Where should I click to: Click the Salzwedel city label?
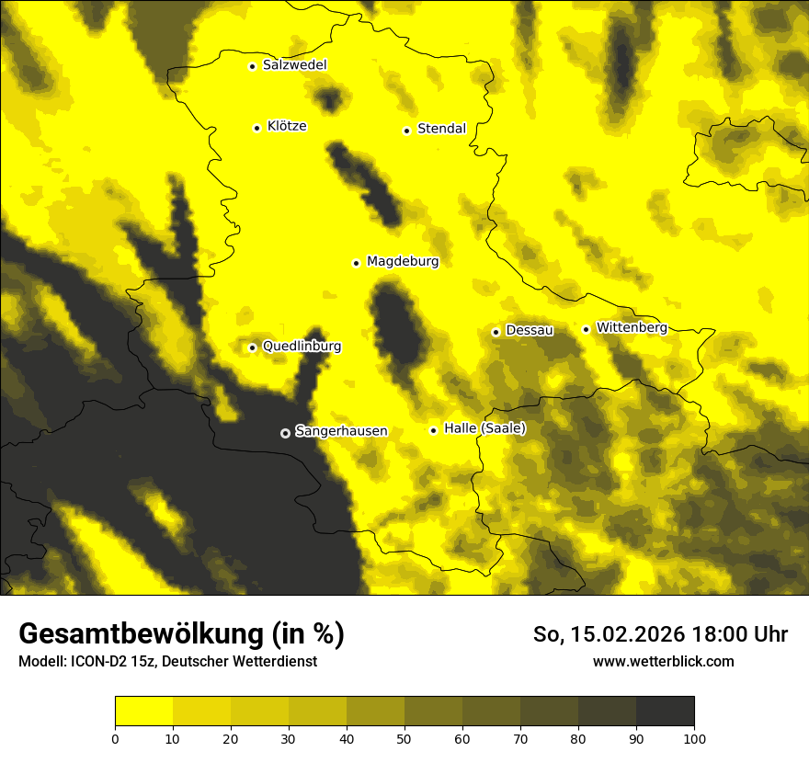pyautogui.click(x=294, y=65)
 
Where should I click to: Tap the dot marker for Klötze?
pyautogui.click(x=256, y=128)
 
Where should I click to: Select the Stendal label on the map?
pyautogui.click(x=441, y=129)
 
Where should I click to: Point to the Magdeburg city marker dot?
pyautogui.click(x=356, y=263)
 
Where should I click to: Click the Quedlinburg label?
pyautogui.click(x=302, y=347)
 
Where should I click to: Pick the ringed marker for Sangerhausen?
pyautogui.click(x=285, y=433)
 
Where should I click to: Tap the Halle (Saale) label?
pyautogui.click(x=484, y=428)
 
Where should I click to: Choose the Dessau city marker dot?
pyautogui.click(x=496, y=332)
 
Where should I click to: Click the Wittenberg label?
pyautogui.click(x=632, y=327)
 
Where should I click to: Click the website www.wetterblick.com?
pyautogui.click(x=663, y=662)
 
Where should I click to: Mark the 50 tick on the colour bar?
pyautogui.click(x=404, y=738)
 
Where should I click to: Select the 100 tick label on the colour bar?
pyautogui.click(x=693, y=738)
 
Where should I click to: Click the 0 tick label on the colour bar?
pyautogui.click(x=115, y=738)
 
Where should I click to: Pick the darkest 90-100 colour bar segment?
pyautogui.click(x=665, y=711)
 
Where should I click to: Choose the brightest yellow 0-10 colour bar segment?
pyautogui.click(x=143, y=711)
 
